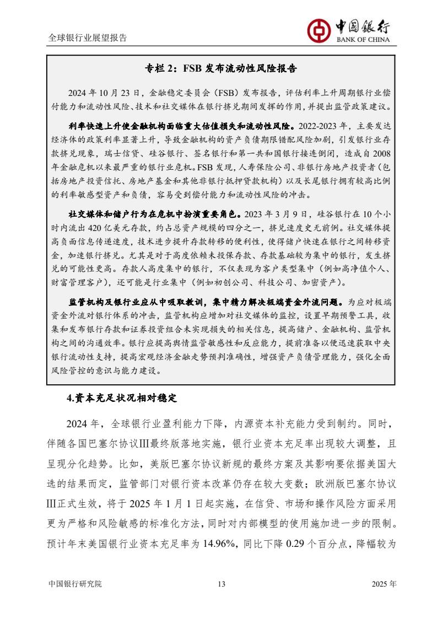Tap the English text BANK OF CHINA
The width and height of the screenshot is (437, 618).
point(362,39)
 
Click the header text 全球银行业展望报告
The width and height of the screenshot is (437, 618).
point(88,38)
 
